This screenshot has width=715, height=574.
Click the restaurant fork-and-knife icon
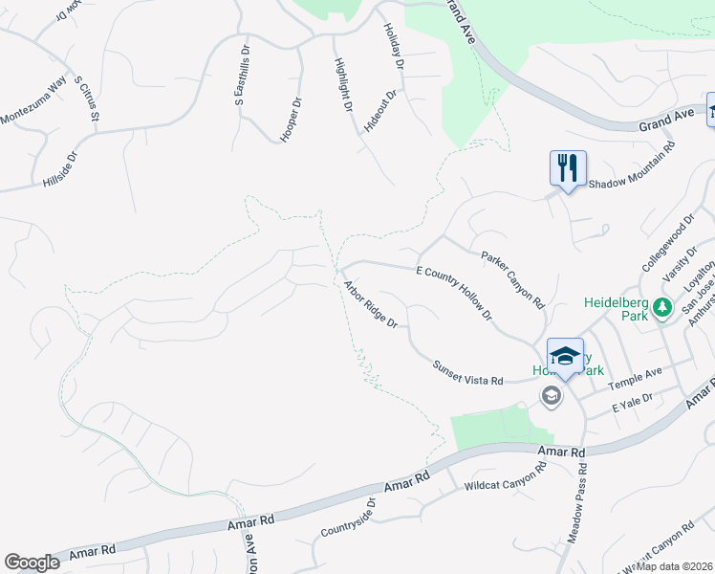pos(568,167)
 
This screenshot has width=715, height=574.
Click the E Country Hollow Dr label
pos(453,294)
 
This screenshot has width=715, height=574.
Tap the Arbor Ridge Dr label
pos(371,302)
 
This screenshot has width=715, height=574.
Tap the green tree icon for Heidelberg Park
pos(661,307)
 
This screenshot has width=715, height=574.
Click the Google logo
pos(32,563)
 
